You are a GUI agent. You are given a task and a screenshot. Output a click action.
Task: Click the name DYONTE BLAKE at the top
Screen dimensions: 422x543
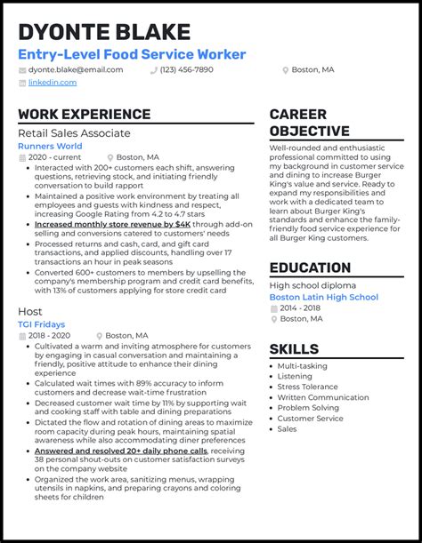[x=104, y=32]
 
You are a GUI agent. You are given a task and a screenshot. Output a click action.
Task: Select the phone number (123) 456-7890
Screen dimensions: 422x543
[x=186, y=69]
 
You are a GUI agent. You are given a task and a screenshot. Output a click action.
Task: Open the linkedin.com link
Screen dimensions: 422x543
[x=53, y=83]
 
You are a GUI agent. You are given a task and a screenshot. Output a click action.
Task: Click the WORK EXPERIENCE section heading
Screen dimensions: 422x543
[x=84, y=114]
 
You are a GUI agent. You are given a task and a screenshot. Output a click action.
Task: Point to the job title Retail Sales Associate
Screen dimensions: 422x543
[x=74, y=133]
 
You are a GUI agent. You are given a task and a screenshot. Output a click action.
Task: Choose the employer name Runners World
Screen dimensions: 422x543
[x=50, y=146]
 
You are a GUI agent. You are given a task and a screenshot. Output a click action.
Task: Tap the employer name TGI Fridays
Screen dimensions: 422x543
[x=43, y=324]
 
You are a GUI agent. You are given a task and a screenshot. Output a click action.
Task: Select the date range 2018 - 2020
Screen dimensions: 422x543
[x=50, y=335]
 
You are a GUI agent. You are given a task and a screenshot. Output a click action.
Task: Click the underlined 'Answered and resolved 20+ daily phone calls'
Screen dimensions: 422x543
[x=120, y=451]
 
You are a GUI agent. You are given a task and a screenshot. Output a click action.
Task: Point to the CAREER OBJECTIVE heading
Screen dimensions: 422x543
[x=309, y=123]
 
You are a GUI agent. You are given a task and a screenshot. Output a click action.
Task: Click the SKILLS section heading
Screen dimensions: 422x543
[x=294, y=348]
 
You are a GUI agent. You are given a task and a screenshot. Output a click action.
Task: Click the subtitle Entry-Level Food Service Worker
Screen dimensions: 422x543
[x=132, y=54]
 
